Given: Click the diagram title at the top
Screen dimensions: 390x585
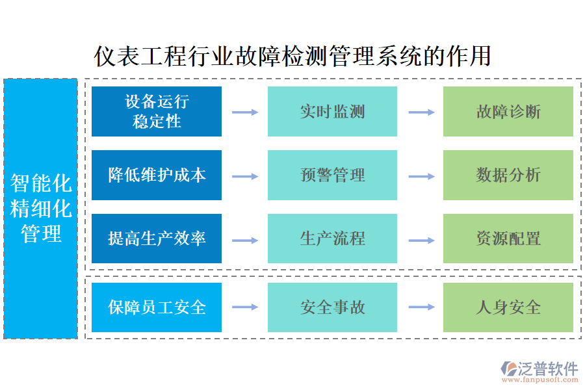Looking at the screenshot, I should point(292,56).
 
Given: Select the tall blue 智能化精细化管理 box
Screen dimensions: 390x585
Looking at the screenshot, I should point(41,209).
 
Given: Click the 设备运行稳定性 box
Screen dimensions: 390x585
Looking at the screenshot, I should point(157,111).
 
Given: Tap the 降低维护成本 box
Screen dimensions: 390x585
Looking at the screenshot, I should point(157,175).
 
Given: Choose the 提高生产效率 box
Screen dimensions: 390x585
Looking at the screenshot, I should point(157,239).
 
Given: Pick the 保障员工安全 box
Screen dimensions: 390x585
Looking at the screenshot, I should point(157,307).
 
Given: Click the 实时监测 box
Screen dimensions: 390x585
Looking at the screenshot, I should point(332,111).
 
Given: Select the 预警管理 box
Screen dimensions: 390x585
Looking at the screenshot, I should point(332,175).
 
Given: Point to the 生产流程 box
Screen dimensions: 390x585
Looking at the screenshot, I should point(332,239).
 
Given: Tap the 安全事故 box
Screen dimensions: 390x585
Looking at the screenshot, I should point(332,307).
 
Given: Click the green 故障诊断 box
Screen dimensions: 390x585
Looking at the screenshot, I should point(508,111).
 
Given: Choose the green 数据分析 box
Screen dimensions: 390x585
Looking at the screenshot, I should point(508,175).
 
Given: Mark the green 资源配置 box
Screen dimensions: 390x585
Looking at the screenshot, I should point(508,239).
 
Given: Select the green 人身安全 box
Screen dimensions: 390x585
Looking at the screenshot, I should point(508,307).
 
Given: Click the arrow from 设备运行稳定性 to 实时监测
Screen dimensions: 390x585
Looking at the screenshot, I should point(244,112).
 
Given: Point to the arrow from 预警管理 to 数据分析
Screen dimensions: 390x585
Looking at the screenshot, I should point(421,176).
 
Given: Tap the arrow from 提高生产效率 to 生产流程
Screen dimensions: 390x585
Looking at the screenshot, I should point(244,240).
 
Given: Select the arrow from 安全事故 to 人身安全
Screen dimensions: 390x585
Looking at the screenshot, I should point(421,307).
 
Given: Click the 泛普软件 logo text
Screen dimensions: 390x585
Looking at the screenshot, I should point(547,368).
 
